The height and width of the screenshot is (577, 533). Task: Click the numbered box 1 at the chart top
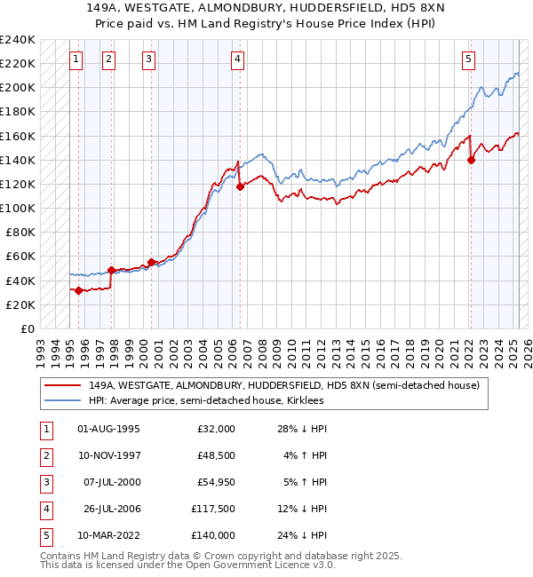tap(76, 59)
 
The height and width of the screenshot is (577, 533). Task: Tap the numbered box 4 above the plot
tap(238, 59)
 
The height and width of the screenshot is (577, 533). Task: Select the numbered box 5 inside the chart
tap(468, 59)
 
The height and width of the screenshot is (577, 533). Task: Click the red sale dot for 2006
tap(240, 186)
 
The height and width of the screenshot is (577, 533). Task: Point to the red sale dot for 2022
tap(472, 160)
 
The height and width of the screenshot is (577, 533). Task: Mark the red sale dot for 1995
tap(79, 290)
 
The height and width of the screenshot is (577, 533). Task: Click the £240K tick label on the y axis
tap(17, 39)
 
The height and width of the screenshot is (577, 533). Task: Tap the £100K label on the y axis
tap(17, 208)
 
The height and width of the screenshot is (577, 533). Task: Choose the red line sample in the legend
tap(63, 386)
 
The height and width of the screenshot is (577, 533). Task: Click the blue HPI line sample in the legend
tap(63, 401)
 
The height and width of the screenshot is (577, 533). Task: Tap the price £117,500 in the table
tap(214, 509)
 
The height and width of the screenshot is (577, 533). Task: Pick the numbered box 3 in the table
tap(45, 482)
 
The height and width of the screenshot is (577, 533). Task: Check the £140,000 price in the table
tap(214, 535)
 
